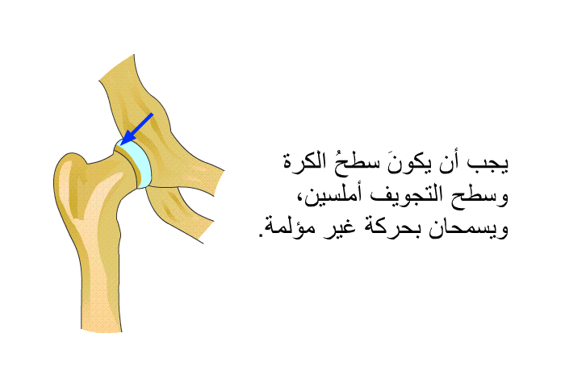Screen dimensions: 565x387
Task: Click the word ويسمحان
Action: [x=468, y=229]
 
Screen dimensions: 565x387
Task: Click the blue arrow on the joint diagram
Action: [x=136, y=129]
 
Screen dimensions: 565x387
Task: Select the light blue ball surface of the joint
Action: [x=139, y=163]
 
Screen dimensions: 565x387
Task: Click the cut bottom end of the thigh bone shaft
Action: [x=102, y=330]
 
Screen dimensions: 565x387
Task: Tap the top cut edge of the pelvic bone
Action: [x=116, y=68]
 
